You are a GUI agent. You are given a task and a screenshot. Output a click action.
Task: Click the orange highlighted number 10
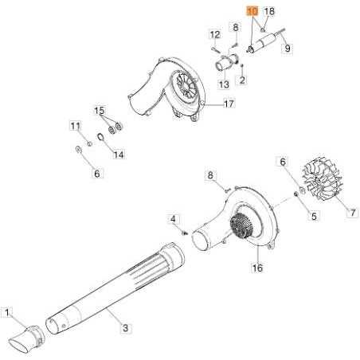click(252, 11)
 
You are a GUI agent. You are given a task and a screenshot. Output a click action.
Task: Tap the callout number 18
click(268, 11)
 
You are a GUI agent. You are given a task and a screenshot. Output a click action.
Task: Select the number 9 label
click(288, 49)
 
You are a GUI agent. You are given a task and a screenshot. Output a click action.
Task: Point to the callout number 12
click(214, 34)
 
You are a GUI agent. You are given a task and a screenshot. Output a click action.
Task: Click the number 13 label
click(224, 84)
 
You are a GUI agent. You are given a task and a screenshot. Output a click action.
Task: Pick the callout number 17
click(229, 104)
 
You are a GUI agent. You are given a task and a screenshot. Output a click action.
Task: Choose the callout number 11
click(75, 126)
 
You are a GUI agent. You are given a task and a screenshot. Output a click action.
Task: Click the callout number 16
click(256, 268)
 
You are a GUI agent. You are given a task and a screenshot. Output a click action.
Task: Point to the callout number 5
click(314, 215)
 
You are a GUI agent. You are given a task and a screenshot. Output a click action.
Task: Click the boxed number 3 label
click(124, 327)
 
